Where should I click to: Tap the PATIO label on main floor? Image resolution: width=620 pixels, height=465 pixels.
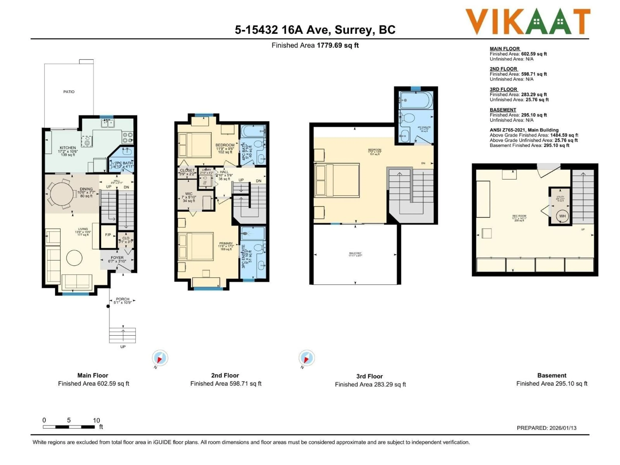(69, 92)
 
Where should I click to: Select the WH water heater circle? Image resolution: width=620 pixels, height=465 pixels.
(562, 216)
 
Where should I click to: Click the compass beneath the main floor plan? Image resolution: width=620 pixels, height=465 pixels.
(160, 358)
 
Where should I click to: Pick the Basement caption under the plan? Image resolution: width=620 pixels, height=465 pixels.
(552, 375)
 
